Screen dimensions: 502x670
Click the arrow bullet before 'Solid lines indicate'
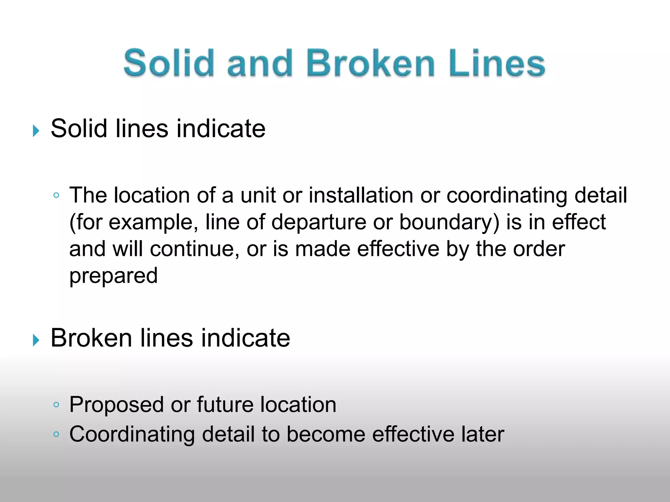36,131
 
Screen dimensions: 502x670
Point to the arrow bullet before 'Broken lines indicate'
36,341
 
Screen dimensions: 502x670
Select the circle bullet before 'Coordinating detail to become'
56,434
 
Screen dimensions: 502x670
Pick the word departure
319,222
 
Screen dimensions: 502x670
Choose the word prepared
114,276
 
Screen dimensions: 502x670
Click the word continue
194,249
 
